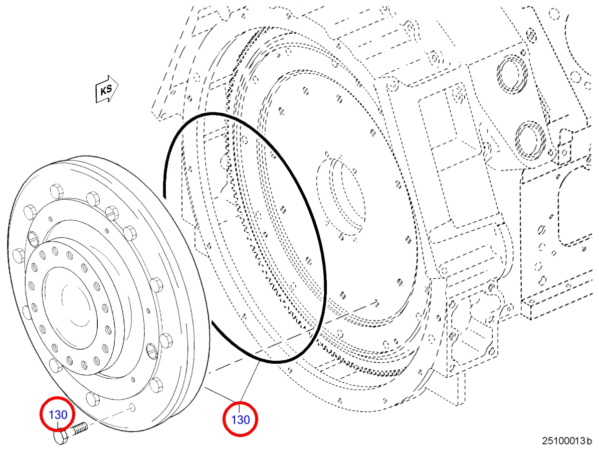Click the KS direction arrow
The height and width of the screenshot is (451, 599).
point(107,89)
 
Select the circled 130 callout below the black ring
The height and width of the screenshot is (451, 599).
point(240,419)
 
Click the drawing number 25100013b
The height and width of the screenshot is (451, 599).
point(567,440)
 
